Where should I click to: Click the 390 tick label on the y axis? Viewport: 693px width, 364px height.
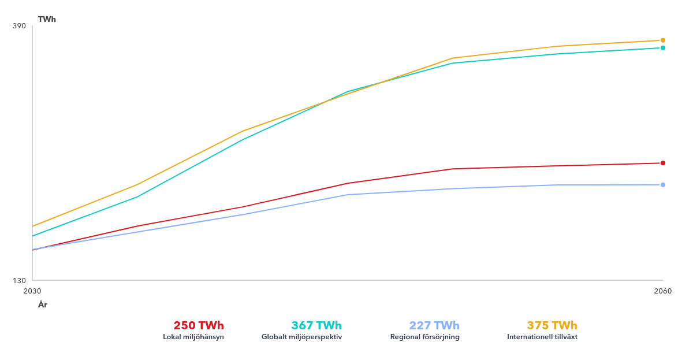click(x=19, y=26)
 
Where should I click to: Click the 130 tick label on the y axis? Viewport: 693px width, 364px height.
click(x=19, y=280)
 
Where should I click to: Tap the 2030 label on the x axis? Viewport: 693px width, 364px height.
click(x=32, y=291)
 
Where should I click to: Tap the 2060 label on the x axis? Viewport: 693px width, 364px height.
click(x=663, y=291)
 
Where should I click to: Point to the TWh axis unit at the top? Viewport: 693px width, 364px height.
click(x=47, y=19)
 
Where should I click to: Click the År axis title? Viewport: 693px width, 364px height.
click(x=43, y=304)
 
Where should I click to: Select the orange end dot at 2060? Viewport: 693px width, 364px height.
click(x=663, y=40)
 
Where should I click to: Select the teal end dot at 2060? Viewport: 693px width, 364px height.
click(x=663, y=48)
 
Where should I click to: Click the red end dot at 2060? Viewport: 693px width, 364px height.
click(x=663, y=163)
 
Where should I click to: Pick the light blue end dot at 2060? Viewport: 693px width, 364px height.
click(x=663, y=185)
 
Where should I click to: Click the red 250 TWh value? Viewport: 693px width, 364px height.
click(x=199, y=325)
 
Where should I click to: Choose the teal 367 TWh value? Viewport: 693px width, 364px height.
click(x=316, y=325)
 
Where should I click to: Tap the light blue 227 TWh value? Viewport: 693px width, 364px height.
click(x=434, y=325)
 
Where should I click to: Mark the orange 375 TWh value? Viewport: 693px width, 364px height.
click(x=552, y=325)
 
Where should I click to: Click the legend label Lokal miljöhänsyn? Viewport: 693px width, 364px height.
click(x=193, y=337)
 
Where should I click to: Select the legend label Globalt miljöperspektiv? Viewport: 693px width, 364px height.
click(x=301, y=337)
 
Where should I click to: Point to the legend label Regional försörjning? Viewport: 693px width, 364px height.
click(x=425, y=337)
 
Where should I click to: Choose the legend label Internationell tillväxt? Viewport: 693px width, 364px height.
click(x=542, y=337)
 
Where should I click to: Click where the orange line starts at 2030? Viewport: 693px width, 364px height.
click(x=33, y=226)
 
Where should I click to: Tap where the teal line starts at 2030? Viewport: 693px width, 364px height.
click(x=33, y=236)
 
